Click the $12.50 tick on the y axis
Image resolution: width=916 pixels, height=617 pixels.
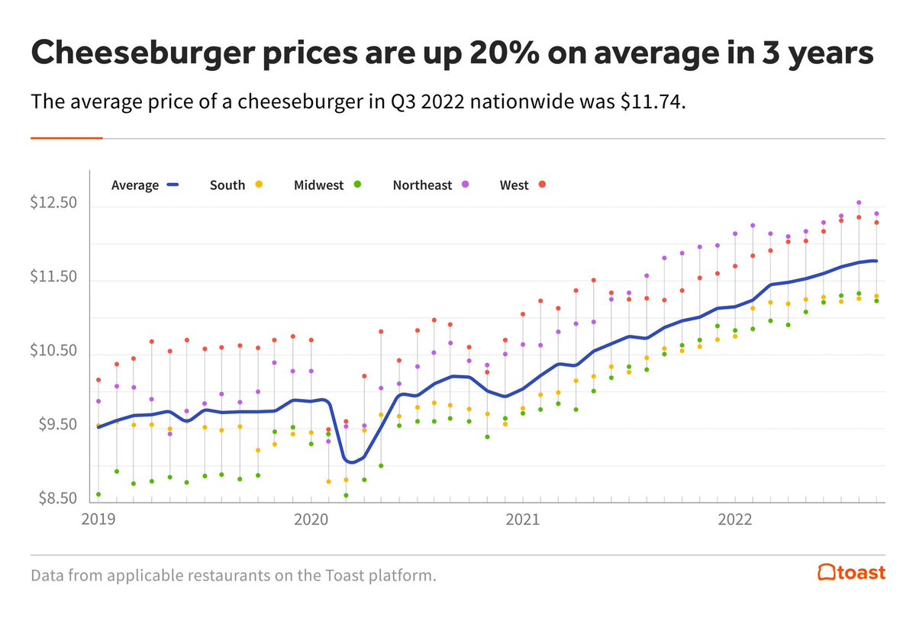coord(53,204)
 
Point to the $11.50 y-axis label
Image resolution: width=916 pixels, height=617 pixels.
coord(53,278)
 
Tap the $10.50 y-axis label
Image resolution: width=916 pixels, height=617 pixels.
coord(53,352)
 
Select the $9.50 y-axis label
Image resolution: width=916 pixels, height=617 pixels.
coord(56,426)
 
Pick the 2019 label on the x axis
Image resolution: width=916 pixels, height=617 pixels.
coord(98,520)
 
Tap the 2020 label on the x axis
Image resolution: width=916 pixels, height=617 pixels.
coord(310,520)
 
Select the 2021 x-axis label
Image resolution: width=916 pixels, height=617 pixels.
coord(522,520)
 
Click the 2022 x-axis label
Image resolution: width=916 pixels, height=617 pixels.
coord(734,520)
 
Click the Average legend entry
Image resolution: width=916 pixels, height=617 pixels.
coord(144,185)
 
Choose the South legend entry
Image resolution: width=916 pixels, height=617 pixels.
coord(236,185)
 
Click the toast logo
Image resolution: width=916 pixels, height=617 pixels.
coord(851,572)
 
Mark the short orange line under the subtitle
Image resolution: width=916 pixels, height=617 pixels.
coord(66,138)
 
